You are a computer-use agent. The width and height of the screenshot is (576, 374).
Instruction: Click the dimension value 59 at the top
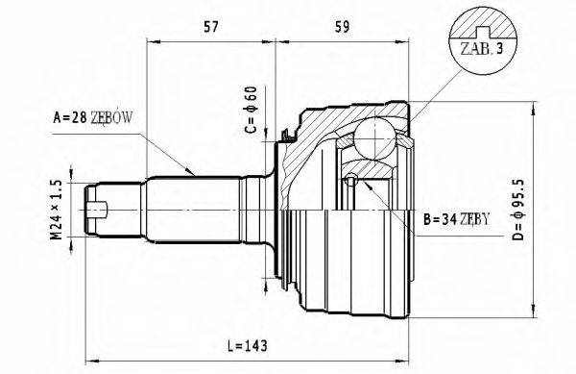[x=341, y=27]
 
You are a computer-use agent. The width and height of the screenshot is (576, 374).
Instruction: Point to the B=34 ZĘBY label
[x=456, y=219]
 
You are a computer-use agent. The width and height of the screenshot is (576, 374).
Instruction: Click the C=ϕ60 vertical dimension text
[x=252, y=111]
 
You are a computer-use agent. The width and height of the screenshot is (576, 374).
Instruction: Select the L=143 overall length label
[x=231, y=343]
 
